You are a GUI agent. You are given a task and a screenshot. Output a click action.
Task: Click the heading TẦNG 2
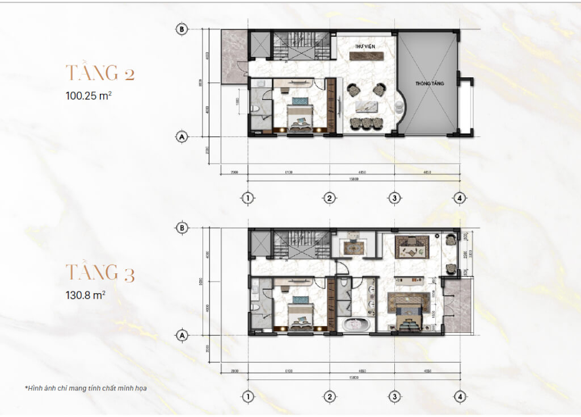[100, 73]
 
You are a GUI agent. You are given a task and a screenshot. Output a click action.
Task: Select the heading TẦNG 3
[100, 273]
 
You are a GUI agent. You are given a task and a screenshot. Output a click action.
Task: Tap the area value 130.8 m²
[86, 295]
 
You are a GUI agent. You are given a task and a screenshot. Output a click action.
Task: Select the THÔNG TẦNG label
[429, 84]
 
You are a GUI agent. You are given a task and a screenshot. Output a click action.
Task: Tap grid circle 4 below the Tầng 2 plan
[460, 198]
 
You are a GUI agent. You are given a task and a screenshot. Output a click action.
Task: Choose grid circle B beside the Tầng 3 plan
[182, 228]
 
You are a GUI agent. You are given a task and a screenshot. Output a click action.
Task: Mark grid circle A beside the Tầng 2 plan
[182, 137]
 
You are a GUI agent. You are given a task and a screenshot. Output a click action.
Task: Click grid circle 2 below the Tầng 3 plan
[329, 396]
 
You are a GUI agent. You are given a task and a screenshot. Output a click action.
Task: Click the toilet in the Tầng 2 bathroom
[256, 108]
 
